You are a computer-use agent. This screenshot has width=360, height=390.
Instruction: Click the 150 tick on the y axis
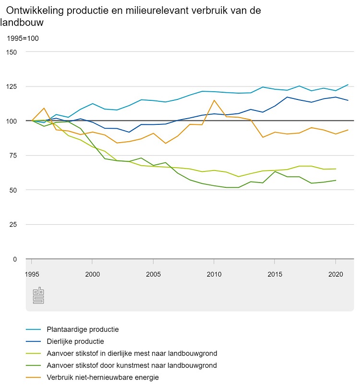12,51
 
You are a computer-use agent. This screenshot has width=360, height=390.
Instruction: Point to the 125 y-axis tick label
12,86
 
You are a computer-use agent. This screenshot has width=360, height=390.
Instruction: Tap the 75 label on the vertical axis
13,156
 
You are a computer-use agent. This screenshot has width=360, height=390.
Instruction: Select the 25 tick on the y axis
13,224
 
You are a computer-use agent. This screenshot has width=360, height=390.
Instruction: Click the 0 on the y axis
15,259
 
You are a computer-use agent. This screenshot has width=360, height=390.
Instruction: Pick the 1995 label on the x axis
32,273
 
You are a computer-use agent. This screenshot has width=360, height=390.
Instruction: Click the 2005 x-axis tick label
153,273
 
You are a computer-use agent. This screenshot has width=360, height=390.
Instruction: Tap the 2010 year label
214,273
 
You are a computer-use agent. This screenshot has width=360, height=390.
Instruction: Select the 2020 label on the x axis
335,273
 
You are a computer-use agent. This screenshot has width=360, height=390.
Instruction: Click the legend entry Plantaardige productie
83,329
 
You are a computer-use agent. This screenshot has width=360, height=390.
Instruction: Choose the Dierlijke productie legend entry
75,341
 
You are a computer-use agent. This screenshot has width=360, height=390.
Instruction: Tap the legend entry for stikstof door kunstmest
132,366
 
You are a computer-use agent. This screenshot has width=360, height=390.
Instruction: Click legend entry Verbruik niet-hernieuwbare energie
103,378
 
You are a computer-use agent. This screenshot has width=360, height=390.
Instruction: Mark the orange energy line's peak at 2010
214,100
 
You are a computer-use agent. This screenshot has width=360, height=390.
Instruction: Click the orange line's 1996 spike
44,108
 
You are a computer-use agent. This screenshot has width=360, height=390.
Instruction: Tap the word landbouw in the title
22,22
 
